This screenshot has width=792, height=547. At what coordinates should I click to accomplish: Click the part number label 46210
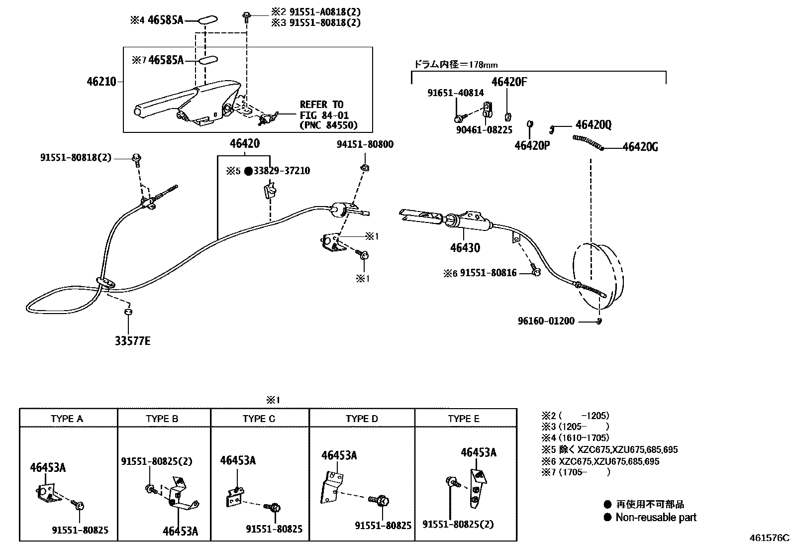101,81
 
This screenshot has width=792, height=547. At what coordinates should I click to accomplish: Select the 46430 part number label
465,247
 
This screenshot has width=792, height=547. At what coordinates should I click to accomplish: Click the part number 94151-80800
365,144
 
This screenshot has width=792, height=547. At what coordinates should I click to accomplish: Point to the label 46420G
640,147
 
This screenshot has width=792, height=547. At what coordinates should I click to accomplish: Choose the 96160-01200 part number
546,321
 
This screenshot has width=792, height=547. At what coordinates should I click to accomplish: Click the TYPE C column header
259,419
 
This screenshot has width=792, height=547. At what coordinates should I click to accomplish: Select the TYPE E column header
464,419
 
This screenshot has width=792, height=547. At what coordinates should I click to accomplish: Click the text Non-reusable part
656,517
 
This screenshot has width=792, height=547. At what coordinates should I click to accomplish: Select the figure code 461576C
770,538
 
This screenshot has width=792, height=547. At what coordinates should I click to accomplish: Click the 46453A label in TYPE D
339,455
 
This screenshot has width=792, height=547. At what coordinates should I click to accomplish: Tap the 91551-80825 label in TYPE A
80,530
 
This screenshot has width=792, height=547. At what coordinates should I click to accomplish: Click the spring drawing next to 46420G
587,142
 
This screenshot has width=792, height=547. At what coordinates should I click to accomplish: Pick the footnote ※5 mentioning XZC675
609,449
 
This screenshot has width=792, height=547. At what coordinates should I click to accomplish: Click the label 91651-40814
456,93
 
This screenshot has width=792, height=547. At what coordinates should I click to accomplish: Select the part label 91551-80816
488,273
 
